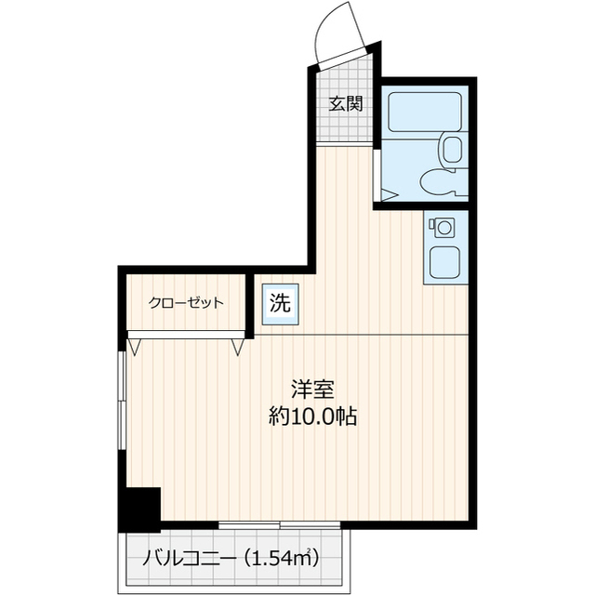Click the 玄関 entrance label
(x=344, y=103)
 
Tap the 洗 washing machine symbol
(x=279, y=302)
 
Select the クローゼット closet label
(x=186, y=302)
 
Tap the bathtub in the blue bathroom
(x=424, y=112)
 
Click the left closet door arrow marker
(x=136, y=347)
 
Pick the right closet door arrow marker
(x=239, y=347)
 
